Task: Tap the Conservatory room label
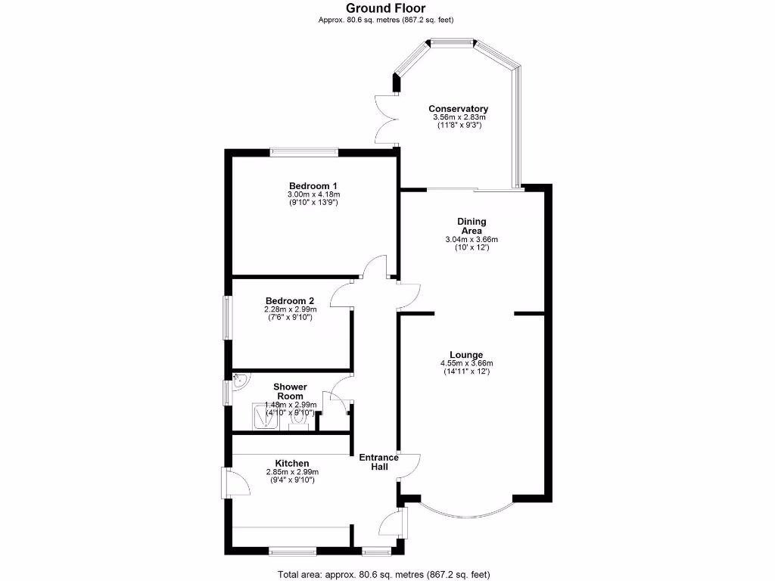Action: (458, 109)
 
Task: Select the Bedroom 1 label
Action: (313, 186)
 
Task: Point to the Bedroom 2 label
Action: (290, 300)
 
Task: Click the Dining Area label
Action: (472, 226)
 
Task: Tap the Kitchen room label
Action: (291, 463)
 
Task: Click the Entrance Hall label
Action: (378, 462)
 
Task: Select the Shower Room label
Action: (290, 391)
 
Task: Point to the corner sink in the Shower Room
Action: (240, 382)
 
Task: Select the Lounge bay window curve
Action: (456, 514)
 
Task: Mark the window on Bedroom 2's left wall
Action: (226, 317)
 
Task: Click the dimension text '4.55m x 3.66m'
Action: (465, 363)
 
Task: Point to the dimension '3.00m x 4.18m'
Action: (313, 194)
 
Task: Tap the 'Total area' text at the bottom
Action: (387, 573)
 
